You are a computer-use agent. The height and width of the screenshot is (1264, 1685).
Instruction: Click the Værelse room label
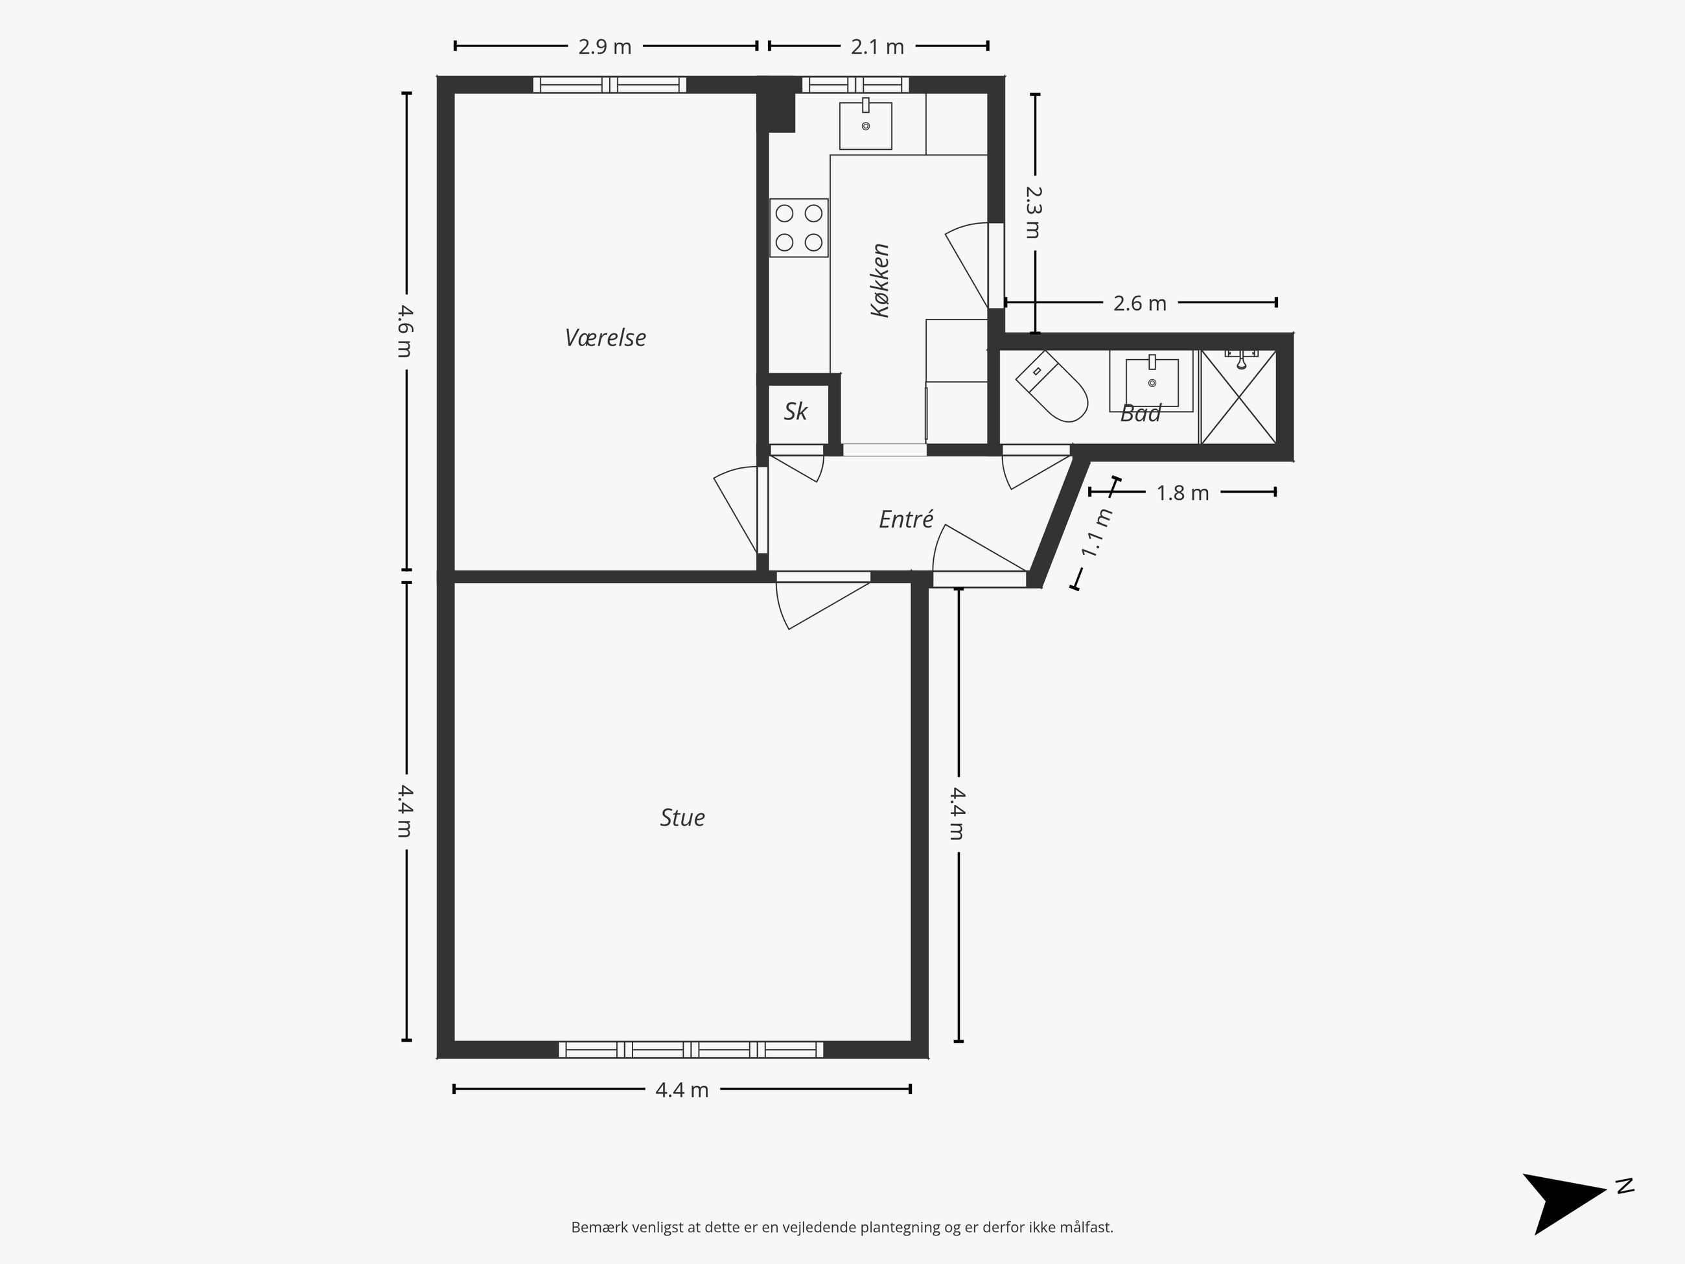click(x=605, y=338)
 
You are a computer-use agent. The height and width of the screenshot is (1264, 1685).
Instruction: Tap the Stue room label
click(x=682, y=817)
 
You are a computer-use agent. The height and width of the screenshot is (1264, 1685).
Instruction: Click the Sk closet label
click(x=796, y=412)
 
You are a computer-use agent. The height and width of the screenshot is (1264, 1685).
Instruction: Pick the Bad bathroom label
click(x=1141, y=414)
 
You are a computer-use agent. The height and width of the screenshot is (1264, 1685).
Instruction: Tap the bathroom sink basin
click(x=1152, y=381)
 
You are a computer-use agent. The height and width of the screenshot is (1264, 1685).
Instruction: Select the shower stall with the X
click(x=1238, y=396)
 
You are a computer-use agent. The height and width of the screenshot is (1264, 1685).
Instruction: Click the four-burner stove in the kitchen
click(x=799, y=228)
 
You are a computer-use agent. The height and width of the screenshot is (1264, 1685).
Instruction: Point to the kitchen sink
click(x=865, y=125)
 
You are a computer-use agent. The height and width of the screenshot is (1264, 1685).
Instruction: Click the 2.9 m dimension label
click(x=605, y=47)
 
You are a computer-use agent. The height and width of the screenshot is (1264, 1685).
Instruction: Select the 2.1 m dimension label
click(x=877, y=47)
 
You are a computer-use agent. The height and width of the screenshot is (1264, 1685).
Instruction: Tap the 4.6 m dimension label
click(x=406, y=331)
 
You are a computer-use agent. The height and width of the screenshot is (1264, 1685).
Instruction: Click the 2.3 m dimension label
click(x=1034, y=212)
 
